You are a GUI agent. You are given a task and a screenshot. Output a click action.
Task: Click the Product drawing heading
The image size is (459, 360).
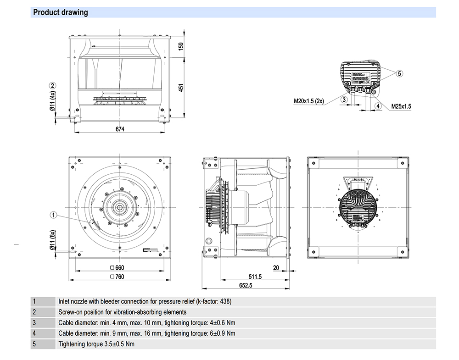(61, 12)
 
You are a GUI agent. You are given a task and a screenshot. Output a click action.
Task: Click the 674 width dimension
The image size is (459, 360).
(120, 129)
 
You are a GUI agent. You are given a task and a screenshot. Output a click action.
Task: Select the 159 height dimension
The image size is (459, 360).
(181, 46)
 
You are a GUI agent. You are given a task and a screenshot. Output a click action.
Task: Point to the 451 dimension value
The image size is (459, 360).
(181, 87)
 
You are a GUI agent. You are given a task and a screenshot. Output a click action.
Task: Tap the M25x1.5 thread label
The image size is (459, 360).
(401, 106)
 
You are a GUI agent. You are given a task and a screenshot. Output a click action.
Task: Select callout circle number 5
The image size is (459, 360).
(399, 73)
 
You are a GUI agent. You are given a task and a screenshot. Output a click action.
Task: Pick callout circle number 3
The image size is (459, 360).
(344, 99)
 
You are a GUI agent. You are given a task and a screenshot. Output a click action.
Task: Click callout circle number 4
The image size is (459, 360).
(378, 106)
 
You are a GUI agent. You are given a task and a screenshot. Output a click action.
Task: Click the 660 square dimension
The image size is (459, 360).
(118, 268)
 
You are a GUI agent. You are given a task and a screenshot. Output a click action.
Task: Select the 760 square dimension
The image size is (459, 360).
(118, 277)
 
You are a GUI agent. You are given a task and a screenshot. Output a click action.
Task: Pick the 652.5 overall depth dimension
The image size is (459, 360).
(246, 286)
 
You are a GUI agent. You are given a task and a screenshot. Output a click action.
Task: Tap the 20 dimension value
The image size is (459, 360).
(276, 268)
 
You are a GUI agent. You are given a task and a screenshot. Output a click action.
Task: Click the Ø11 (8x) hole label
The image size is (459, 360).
(53, 240)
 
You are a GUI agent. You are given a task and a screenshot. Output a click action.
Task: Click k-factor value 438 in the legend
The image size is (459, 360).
(225, 302)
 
